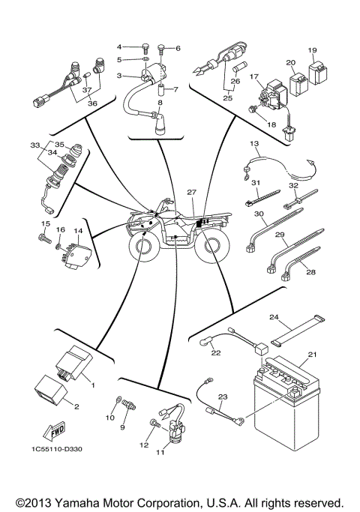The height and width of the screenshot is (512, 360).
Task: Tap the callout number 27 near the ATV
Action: (x=192, y=193)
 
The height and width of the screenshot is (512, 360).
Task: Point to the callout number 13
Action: (x=253, y=142)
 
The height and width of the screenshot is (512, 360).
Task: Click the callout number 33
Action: (x=34, y=145)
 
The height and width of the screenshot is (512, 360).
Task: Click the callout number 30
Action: (x=259, y=214)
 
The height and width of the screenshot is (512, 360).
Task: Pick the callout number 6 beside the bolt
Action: (x=178, y=48)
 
